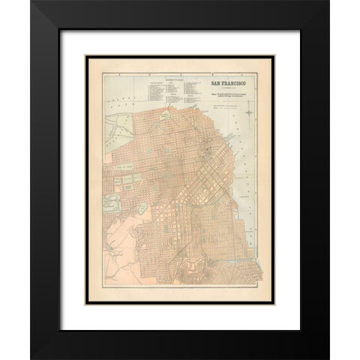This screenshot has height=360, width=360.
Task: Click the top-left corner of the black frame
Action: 31,1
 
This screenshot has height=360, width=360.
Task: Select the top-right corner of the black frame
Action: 328,1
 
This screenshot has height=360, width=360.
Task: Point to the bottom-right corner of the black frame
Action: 328,358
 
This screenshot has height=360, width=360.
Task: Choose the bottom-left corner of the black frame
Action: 31,358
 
